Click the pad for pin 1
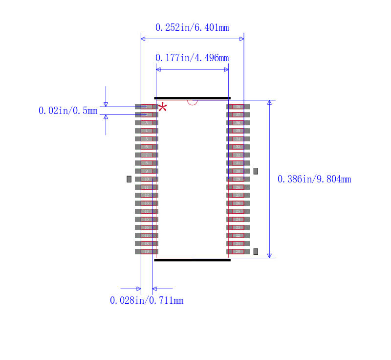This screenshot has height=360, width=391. pos(146,107)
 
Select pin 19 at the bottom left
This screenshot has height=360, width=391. pos(146,251)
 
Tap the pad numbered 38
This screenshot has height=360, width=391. pos(238,107)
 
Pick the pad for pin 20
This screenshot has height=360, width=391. pos(238,251)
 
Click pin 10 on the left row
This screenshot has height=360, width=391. pos(146,179)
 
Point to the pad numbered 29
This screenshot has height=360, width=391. pos(238,179)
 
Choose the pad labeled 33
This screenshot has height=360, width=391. pos(238,147)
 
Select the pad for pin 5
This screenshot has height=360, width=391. pos(146,139)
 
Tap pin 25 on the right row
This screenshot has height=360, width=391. pos(238,211)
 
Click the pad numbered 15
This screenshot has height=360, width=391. pos(146,219)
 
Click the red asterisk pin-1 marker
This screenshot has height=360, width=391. pos(162,108)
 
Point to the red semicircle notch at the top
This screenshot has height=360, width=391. pos(192,102)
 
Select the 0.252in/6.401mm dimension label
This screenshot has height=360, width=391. pos(192,27)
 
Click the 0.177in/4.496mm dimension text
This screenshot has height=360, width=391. pos(192,58)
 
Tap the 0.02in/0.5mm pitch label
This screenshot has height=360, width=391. pos(68,111)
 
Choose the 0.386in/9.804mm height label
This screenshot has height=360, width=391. pos(314,179)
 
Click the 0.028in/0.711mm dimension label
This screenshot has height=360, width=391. pos(147,300)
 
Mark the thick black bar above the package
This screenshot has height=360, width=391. pos(192,98)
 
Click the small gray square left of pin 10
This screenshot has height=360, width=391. pos(129,179)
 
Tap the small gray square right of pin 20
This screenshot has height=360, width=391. pos(256,251)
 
